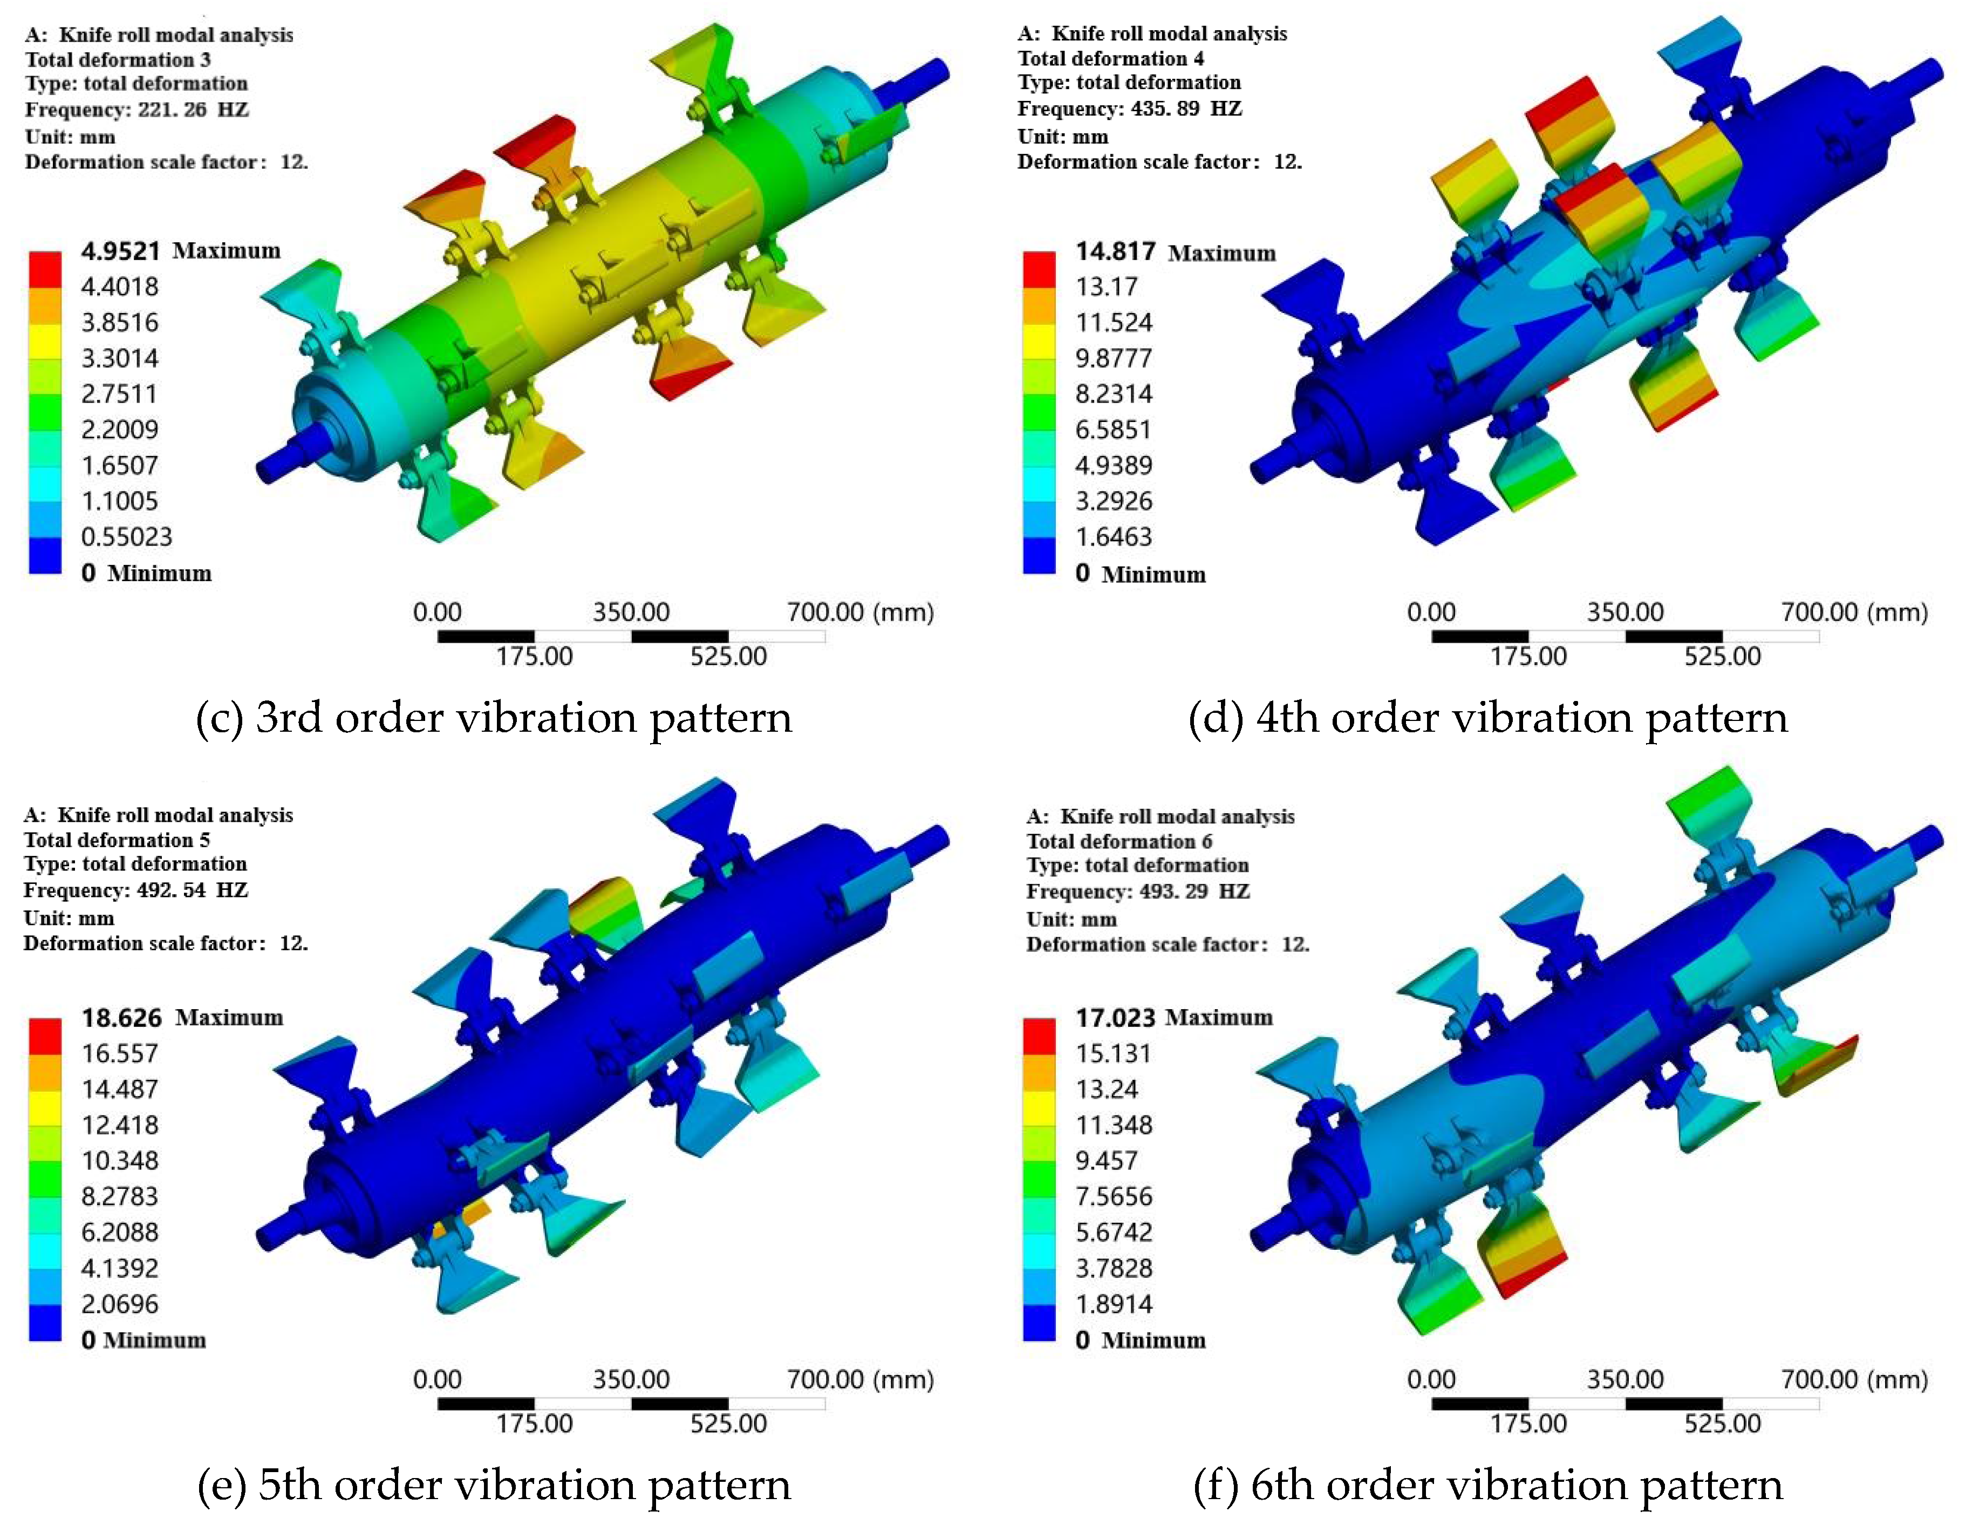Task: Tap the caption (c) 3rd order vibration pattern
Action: tap(493, 718)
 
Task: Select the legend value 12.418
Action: tap(120, 1125)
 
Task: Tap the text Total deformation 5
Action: tap(117, 840)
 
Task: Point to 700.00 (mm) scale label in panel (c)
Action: tap(859, 612)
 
